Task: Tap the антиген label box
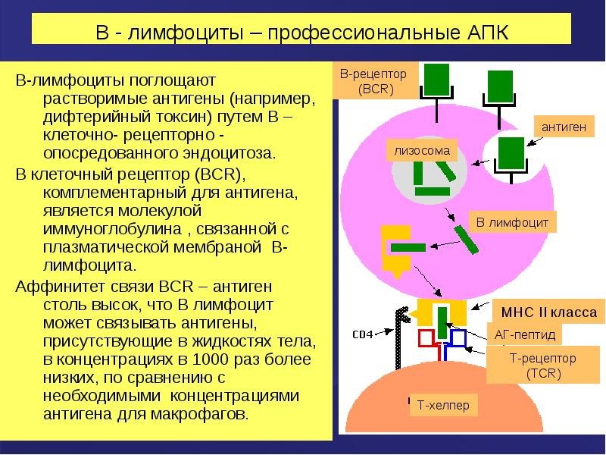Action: pos(564,126)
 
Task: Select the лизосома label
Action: pos(422,150)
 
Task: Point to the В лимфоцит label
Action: pos(513,222)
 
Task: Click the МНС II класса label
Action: pos(548,312)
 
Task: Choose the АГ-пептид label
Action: pos(525,334)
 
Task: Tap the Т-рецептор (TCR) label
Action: pos(542,366)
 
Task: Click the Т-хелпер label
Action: pos(443,405)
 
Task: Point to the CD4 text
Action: pos(363,334)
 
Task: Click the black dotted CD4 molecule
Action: pos(400,337)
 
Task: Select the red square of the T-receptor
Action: pos(426,337)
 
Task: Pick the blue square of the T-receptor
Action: pos(458,337)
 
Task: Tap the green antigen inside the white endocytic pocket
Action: pos(511,153)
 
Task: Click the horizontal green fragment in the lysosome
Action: pos(433,191)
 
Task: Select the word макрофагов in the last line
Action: pos(199,415)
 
